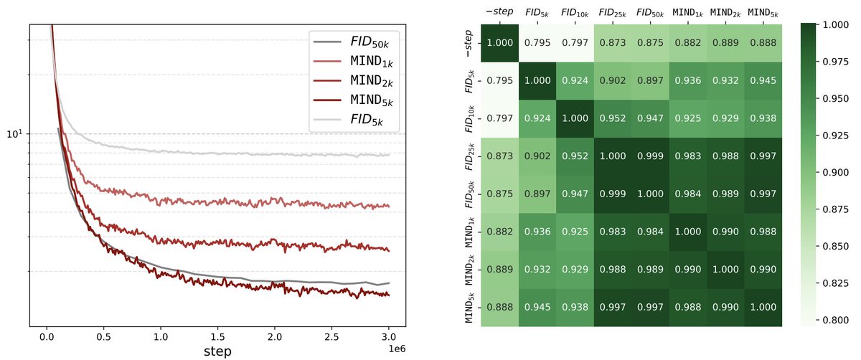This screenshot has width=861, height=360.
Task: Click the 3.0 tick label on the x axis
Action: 389,337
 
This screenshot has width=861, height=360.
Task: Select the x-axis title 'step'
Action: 217,351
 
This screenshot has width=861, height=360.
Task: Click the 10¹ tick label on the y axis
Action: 15,134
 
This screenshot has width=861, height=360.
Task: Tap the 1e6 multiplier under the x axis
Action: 397,349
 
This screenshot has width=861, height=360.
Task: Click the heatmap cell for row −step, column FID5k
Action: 537,43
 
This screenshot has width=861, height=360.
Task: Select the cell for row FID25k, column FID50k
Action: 650,156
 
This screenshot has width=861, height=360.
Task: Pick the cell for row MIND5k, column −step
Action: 499,308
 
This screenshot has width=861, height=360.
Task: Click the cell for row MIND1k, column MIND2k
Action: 725,232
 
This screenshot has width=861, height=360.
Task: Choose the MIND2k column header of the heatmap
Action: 725,13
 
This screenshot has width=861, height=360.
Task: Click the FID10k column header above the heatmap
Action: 575,13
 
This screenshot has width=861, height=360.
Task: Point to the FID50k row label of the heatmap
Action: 469,194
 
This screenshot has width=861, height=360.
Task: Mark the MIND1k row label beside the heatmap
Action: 469,232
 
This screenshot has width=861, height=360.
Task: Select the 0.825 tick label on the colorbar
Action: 835,283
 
